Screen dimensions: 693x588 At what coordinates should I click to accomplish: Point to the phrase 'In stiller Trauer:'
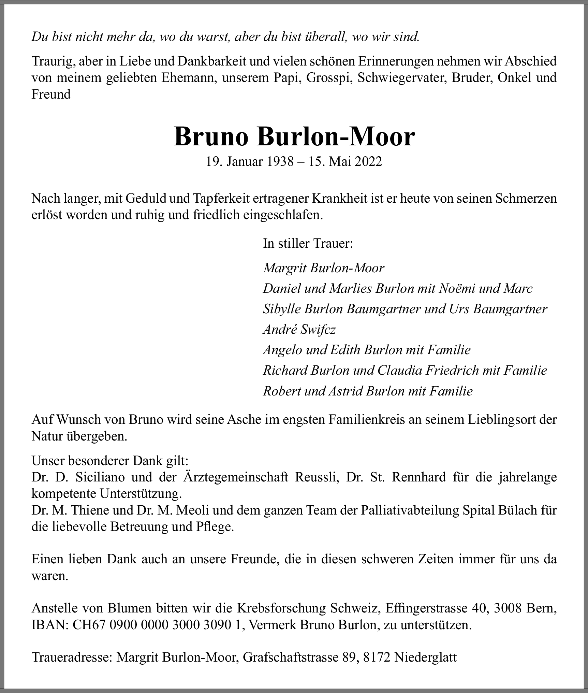click(308, 244)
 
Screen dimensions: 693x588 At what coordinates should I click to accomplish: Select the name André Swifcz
click(299, 330)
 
